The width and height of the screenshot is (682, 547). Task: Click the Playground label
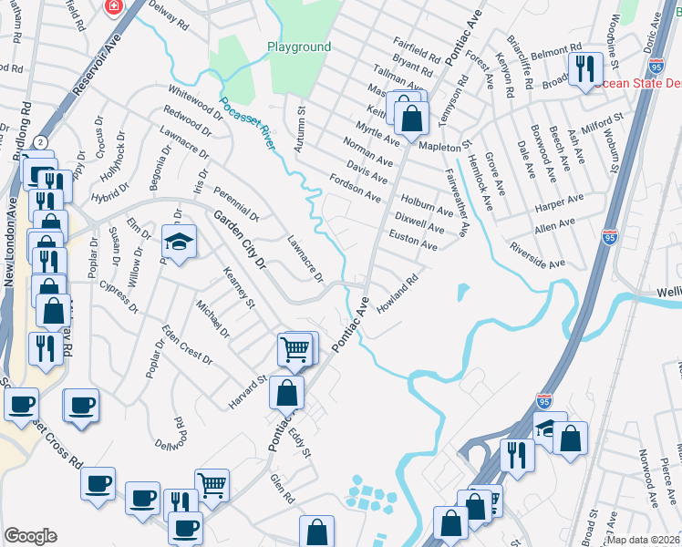pyautogui.click(x=299, y=46)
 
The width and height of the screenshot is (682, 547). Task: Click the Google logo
pyautogui.click(x=30, y=536)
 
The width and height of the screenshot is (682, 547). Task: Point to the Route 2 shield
pyautogui.click(x=41, y=142)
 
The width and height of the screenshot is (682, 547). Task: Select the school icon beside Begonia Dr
pyautogui.click(x=178, y=242)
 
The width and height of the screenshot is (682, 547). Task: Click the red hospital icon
pyautogui.click(x=113, y=7)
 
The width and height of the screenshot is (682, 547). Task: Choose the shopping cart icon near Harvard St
pyautogui.click(x=294, y=348)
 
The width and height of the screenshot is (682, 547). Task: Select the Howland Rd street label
pyautogui.click(x=397, y=293)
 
